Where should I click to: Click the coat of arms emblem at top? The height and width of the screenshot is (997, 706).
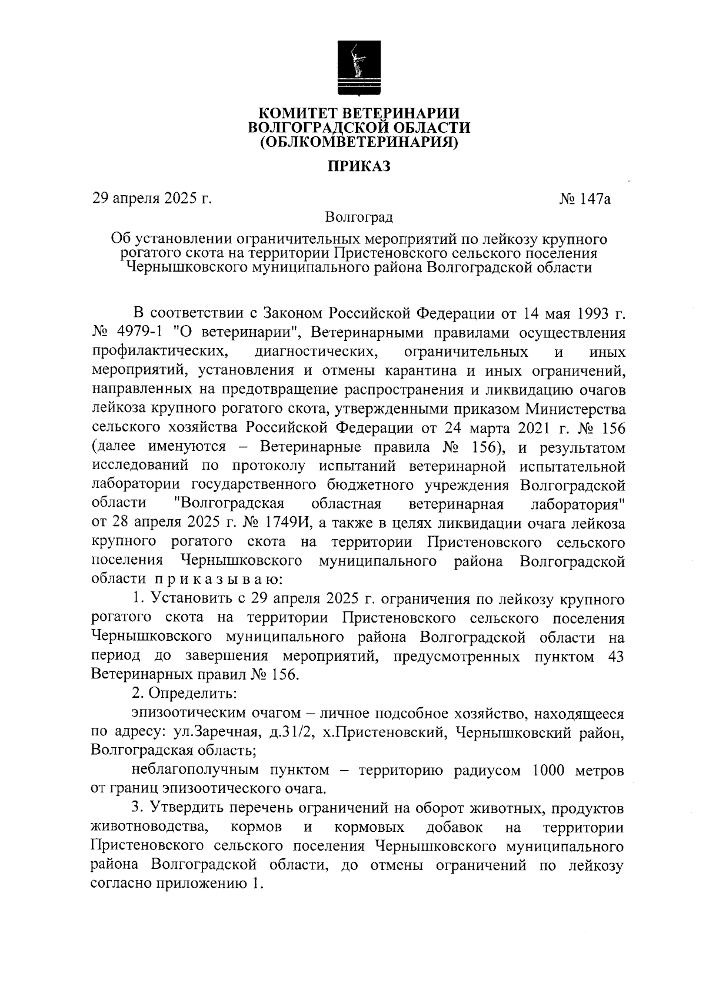click(359, 68)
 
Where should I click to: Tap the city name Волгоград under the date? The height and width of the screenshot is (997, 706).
click(359, 218)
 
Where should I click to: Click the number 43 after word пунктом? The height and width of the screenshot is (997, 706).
click(614, 657)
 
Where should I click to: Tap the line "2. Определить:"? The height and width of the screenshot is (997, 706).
click(184, 694)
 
